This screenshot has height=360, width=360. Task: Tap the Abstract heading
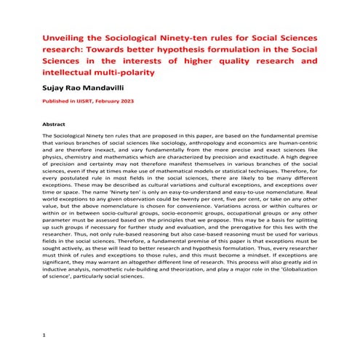[x=55, y=124]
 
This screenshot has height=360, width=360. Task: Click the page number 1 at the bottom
[x=45, y=335]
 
